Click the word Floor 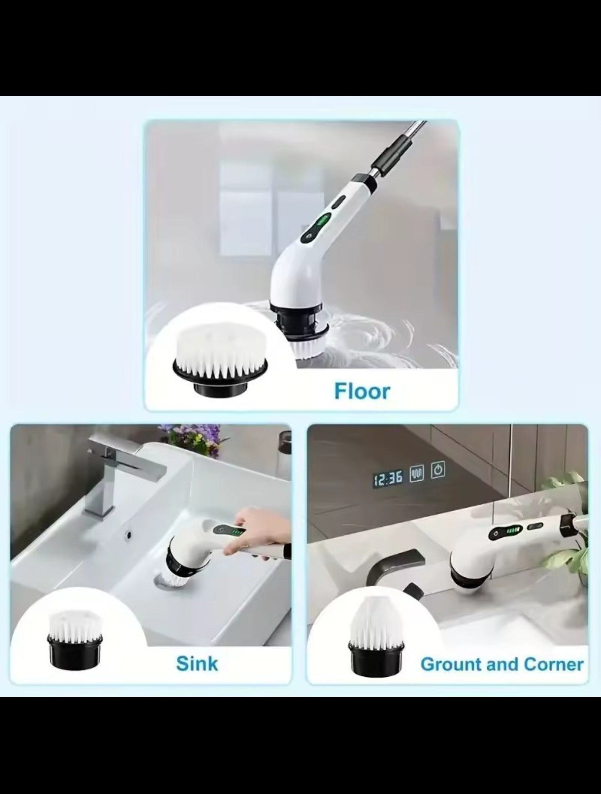pos(362,391)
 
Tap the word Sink pos(197,663)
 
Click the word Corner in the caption pos(554,664)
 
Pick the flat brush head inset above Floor pos(220,355)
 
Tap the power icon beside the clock pos(438,470)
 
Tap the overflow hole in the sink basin pos(130,533)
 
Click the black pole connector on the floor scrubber pos(392,156)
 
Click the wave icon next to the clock pos(417,474)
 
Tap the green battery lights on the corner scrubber pos(513,531)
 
